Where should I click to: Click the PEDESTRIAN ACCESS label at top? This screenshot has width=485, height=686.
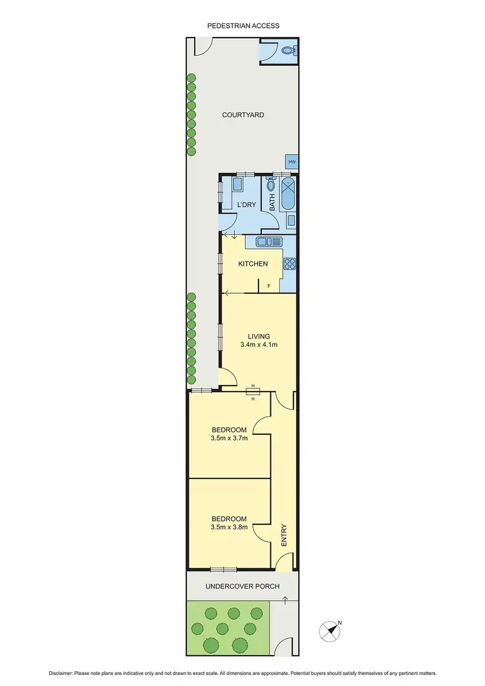point(243,25)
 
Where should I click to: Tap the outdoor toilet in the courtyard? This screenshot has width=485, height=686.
point(290,49)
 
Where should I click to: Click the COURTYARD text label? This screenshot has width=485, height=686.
point(242,115)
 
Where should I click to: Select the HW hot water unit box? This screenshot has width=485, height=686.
point(292,162)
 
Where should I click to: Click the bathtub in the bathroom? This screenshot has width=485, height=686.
point(288,194)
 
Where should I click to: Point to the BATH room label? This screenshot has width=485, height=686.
point(272,204)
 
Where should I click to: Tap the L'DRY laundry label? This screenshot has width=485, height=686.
point(246,205)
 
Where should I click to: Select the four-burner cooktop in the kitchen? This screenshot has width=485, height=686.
point(290,263)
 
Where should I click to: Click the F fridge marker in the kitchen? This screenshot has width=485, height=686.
point(268,285)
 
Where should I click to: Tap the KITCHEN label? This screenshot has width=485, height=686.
point(253,264)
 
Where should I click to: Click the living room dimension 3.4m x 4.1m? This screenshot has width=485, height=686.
point(258,345)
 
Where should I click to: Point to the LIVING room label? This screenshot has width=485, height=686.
point(258,336)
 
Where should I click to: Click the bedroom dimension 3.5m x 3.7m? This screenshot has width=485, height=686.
point(229,438)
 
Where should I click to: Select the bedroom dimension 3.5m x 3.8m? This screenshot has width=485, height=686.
point(229,527)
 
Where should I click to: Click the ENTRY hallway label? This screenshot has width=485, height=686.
point(283,535)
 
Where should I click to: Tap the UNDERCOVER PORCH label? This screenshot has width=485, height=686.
point(242,586)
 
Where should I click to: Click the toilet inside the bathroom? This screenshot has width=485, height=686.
point(271,186)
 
